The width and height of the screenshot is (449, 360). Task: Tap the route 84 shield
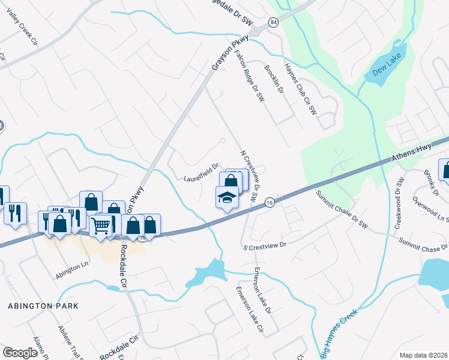(274, 22)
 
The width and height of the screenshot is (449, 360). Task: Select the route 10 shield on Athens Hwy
(270, 203)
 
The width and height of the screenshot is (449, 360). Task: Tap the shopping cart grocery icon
(101, 226)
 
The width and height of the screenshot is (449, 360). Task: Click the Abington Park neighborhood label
(43, 305)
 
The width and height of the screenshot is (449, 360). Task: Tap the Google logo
(20, 352)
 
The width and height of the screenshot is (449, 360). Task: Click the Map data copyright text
(424, 355)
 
